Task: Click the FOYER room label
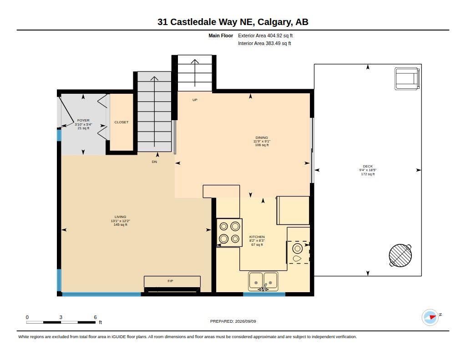83,121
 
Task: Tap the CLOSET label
121,122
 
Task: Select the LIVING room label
120,217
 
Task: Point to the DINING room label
262,137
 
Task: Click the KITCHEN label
257,237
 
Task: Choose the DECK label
368,166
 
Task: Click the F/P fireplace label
170,281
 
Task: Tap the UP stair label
195,100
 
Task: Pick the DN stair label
154,162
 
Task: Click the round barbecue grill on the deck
400,255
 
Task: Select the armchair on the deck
407,78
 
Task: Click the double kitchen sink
263,281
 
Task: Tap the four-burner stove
229,233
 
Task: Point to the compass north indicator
431,317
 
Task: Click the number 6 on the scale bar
95,317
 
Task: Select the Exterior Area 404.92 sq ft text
265,35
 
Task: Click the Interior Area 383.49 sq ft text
264,43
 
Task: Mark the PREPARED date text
233,321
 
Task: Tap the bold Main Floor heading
221,35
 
